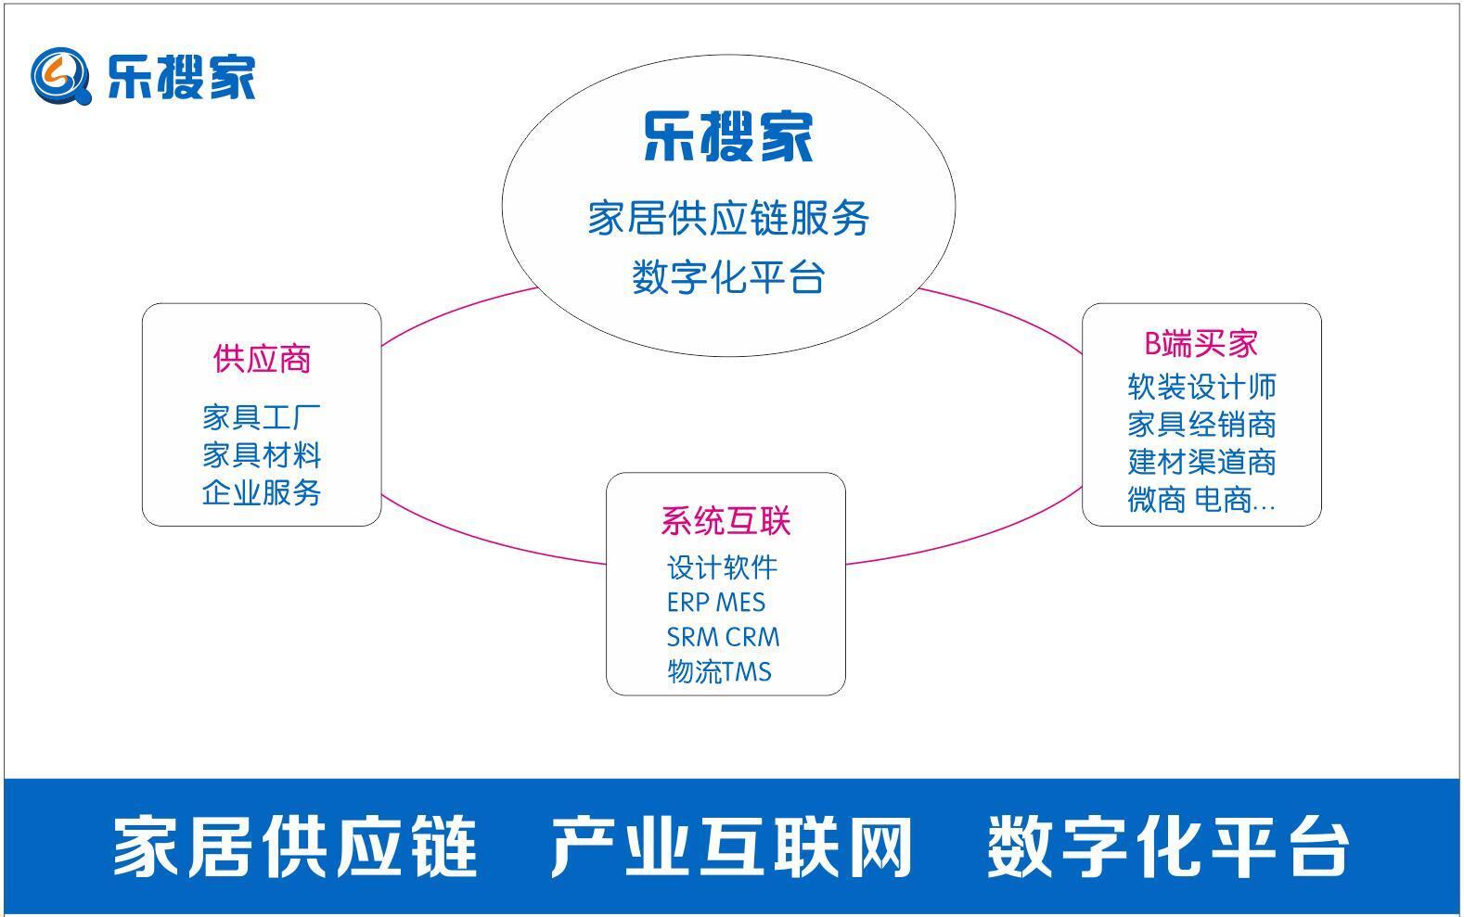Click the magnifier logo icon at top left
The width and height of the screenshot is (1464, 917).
pyautogui.click(x=60, y=76)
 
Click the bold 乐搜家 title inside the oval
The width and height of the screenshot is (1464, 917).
pyautogui.click(x=728, y=136)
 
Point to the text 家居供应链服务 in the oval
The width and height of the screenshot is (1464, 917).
pyautogui.click(x=728, y=219)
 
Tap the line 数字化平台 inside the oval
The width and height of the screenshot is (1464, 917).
pyautogui.click(x=728, y=277)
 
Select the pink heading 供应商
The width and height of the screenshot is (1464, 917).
pyautogui.click(x=262, y=359)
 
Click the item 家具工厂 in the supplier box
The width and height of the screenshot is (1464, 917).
pyautogui.click(x=262, y=417)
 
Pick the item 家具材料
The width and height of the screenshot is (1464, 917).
pyautogui.click(x=262, y=455)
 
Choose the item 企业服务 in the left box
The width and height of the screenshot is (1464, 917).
pyautogui.click(x=262, y=492)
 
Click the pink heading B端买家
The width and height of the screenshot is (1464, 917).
pyautogui.click(x=1201, y=343)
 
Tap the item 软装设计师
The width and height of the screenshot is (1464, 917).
pyautogui.click(x=1201, y=387)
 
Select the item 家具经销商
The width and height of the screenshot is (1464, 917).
pyautogui.click(x=1201, y=425)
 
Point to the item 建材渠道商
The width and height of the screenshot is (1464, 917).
pyautogui.click(x=1201, y=462)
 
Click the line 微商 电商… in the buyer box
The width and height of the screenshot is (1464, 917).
pyautogui.click(x=1201, y=500)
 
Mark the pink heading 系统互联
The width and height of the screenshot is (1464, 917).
pyautogui.click(x=726, y=521)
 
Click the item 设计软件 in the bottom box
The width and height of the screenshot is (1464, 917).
pyautogui.click(x=722, y=567)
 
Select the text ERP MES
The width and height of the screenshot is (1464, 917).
pyautogui.click(x=716, y=603)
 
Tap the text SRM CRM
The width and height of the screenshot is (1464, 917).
pyautogui.click(x=723, y=638)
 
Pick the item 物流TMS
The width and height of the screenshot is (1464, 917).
pyautogui.click(x=719, y=671)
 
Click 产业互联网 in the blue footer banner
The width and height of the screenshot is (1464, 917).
pyautogui.click(x=731, y=847)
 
